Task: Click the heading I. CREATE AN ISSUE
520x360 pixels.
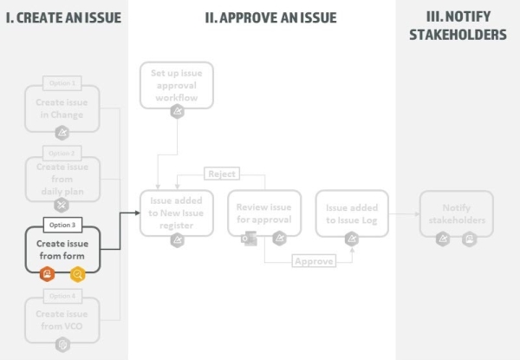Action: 63,17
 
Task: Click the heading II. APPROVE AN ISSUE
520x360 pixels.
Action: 270,17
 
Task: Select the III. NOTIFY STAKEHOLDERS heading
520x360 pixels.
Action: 458,26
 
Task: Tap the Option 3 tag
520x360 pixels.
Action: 62,225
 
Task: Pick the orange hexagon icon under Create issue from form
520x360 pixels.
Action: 49,274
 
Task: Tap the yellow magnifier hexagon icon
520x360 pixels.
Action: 77,274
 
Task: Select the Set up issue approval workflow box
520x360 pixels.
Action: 177,85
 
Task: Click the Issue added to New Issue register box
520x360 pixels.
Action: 177,213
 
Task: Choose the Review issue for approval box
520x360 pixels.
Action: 264,213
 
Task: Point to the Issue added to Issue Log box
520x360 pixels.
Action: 351,213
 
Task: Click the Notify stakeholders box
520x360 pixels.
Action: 456,213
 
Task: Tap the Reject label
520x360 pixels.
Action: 222,173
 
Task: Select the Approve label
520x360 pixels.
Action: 314,261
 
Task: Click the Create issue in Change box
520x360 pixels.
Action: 62,108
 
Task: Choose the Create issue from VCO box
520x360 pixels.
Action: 62,318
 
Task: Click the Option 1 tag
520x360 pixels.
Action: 62,82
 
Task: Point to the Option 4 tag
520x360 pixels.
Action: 62,296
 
